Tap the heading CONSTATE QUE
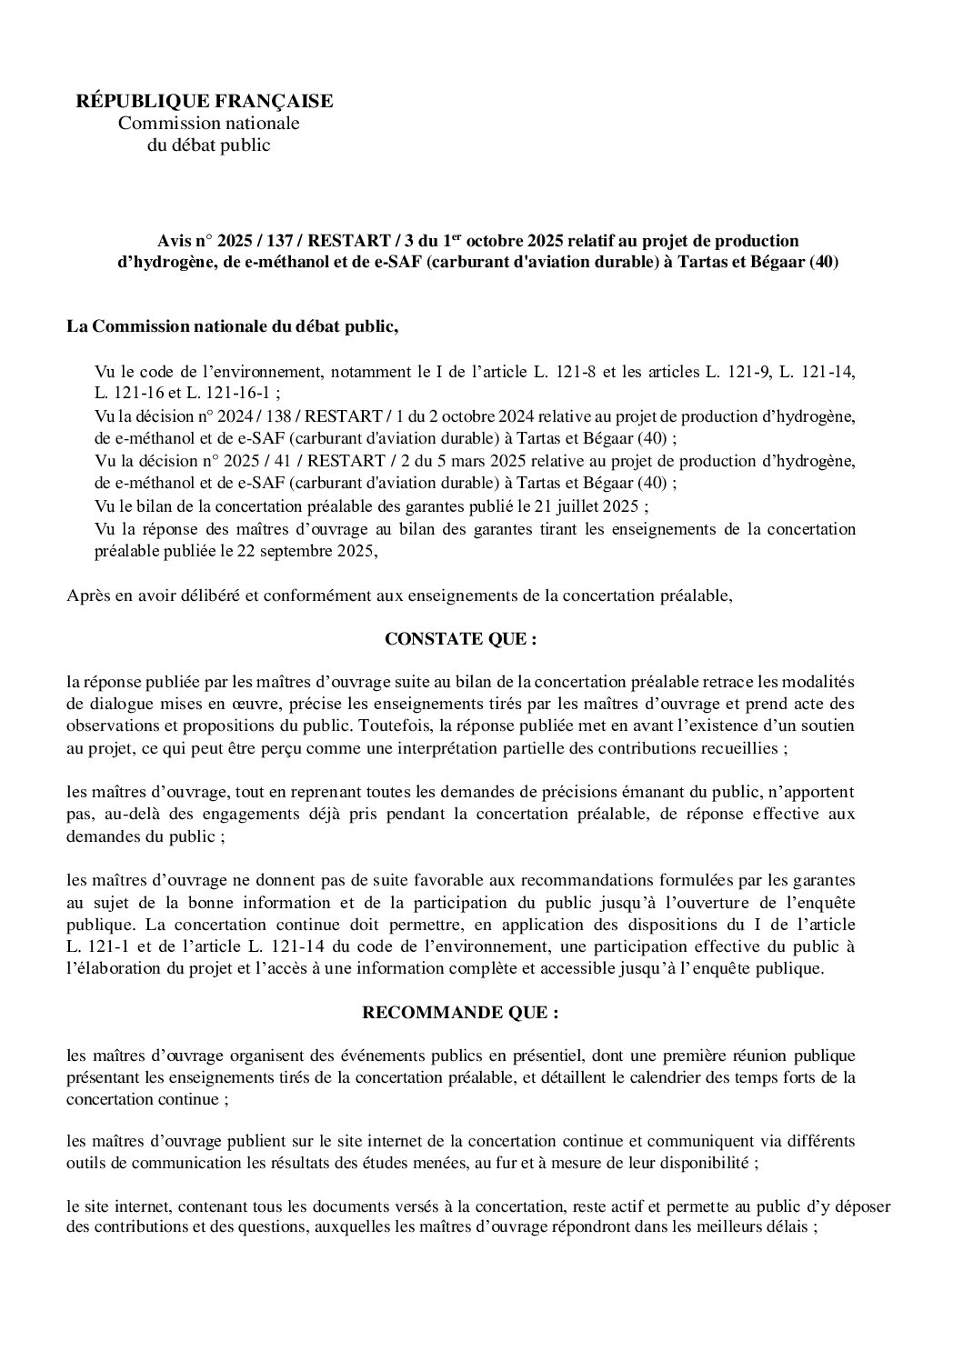[x=461, y=639]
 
